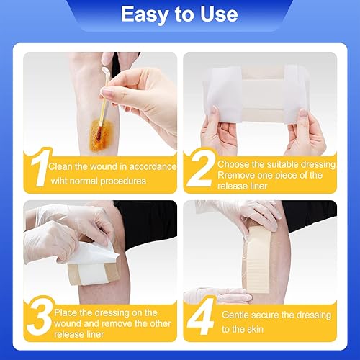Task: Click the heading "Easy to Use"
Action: tap(180, 15)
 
